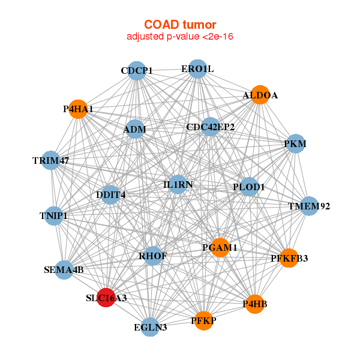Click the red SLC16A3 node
point(106,298)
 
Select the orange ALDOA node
point(259,95)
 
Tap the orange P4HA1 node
point(78,109)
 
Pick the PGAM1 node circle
point(220,247)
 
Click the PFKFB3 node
point(289,259)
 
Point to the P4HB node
point(254,304)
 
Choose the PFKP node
point(204,320)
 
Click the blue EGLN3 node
point(151,327)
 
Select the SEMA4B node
point(64,270)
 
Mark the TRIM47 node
point(51,161)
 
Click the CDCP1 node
point(137,71)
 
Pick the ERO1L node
point(197,69)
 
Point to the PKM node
point(295,144)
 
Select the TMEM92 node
point(308,206)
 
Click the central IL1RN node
point(178,184)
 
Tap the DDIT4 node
point(110,194)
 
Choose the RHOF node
point(153,256)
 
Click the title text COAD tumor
point(180,25)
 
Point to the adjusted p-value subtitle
point(180,37)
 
